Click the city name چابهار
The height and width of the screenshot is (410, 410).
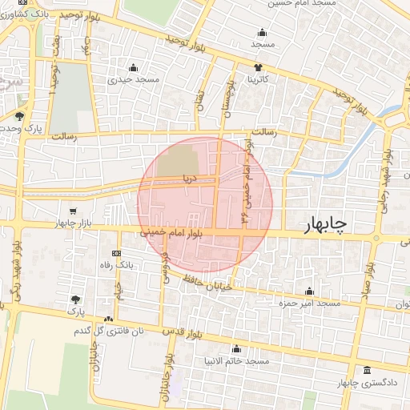click(x=323, y=227)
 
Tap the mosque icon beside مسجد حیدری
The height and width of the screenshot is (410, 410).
click(x=133, y=67)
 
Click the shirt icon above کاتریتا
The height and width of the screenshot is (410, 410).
click(x=258, y=67)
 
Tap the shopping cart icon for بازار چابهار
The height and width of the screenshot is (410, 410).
click(x=74, y=210)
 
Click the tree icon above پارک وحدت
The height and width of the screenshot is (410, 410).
click(x=19, y=115)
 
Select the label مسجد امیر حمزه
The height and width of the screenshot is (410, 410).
click(x=309, y=304)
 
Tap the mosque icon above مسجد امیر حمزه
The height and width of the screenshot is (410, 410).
click(x=309, y=291)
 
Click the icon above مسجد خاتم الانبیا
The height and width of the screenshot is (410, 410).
click(x=235, y=349)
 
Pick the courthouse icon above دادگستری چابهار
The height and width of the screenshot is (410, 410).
click(x=367, y=370)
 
